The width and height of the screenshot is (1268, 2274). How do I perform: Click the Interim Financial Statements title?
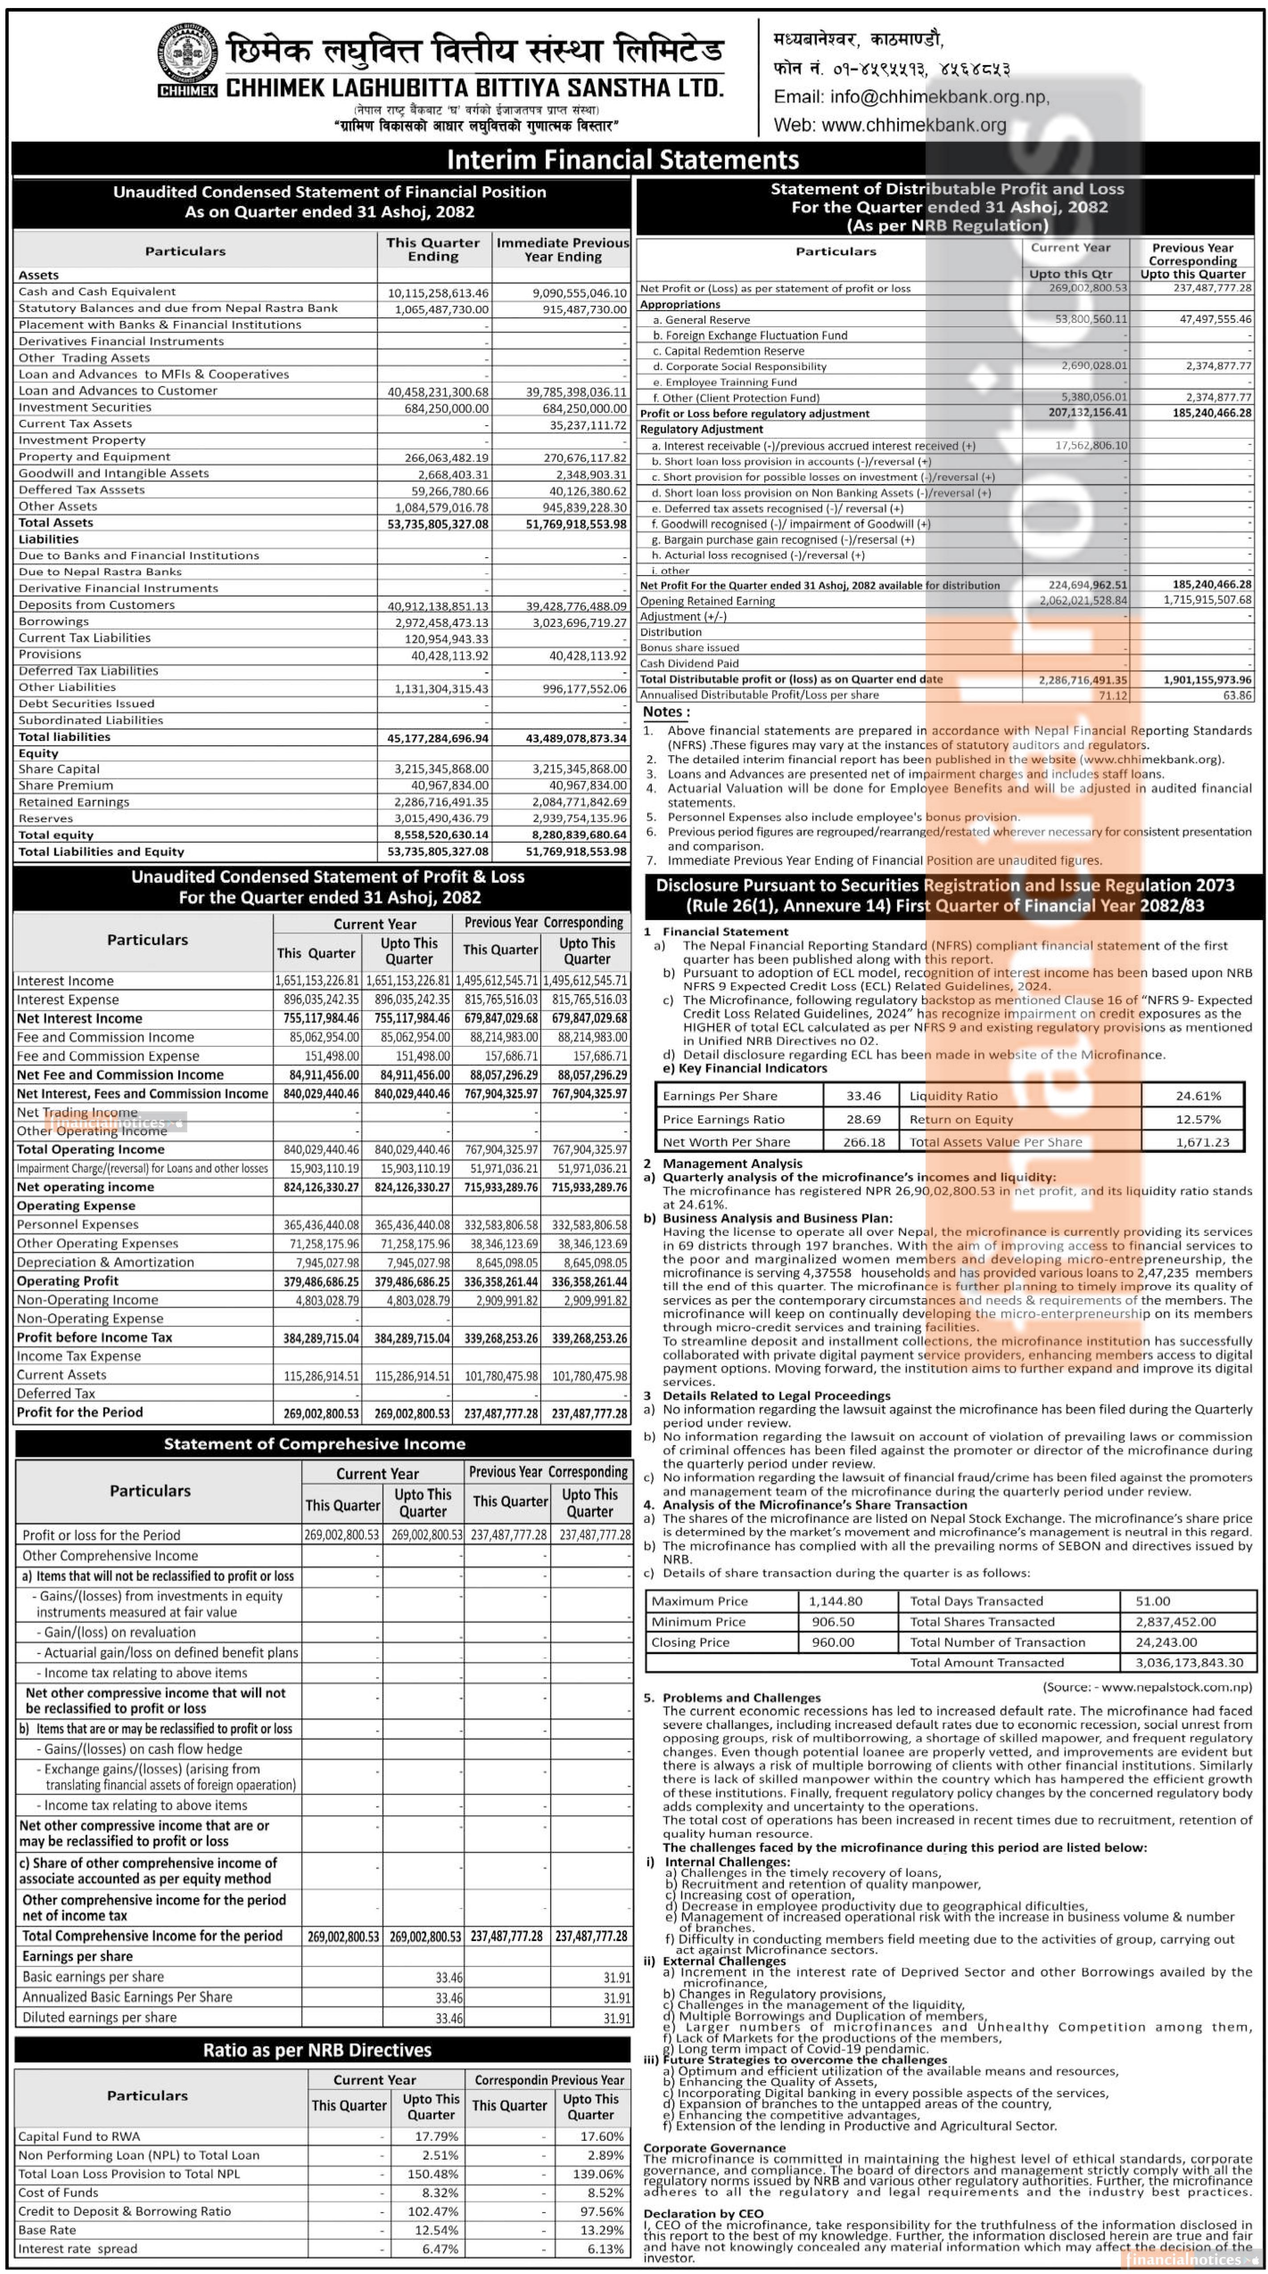(622, 160)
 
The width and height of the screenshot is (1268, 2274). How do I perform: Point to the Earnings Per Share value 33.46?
(863, 1095)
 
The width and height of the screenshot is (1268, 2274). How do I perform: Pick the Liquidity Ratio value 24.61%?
(1198, 1095)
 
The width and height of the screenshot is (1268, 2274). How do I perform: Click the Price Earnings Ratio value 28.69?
(863, 1118)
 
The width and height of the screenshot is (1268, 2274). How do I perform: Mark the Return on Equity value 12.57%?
(1198, 1118)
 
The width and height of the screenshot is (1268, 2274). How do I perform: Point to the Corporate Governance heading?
(714, 2148)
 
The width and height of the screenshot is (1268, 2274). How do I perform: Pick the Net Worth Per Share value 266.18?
(863, 1141)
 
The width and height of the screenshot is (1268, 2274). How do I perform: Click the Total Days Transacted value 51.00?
(1153, 1600)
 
